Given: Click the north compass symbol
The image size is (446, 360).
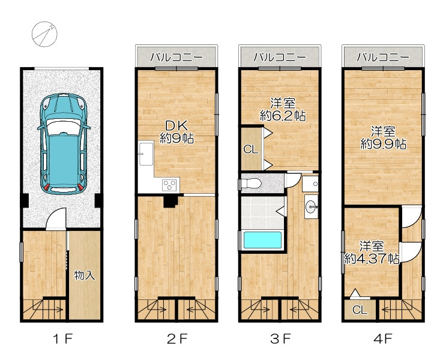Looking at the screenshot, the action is [x=44, y=34].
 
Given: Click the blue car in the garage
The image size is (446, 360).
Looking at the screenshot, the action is [x=63, y=144].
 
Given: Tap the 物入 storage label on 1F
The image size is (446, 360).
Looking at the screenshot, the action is [x=85, y=275].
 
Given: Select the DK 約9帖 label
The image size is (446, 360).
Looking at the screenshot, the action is [x=176, y=131].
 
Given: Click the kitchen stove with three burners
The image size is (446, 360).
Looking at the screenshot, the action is [x=170, y=185].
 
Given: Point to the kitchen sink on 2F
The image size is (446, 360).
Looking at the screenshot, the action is [x=146, y=154].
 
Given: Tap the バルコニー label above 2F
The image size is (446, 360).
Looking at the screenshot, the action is [x=176, y=58].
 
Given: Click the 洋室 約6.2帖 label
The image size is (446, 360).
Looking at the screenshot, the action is [x=283, y=109].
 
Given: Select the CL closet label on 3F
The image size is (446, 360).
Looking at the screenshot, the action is [x=250, y=149].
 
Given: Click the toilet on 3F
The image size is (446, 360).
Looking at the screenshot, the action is [x=250, y=184].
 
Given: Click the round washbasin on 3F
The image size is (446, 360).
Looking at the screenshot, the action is [x=311, y=206].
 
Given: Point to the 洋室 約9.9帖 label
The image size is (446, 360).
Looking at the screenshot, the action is [x=383, y=138].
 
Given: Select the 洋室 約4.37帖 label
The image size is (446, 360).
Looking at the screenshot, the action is [x=371, y=253].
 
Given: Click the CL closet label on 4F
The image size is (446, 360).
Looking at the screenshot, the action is [x=360, y=310].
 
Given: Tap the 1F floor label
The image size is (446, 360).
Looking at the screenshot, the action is [x=63, y=338].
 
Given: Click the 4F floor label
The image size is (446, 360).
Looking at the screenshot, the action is [x=383, y=338].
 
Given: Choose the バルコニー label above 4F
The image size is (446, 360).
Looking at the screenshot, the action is [x=383, y=58].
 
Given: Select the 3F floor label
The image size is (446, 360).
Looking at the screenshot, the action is [x=280, y=338].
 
